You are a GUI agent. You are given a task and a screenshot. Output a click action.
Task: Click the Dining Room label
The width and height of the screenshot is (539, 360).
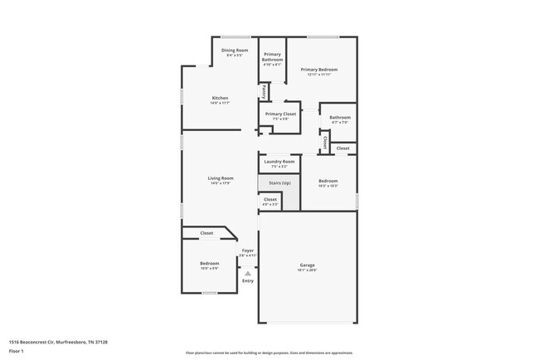pos(235,51)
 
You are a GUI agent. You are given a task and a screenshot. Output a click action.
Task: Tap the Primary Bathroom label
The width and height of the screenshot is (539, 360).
pos(273,57)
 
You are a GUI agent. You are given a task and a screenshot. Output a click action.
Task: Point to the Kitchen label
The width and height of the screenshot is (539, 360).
pos(220,98)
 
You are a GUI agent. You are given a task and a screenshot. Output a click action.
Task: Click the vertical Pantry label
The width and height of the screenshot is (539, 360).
pos(264,90)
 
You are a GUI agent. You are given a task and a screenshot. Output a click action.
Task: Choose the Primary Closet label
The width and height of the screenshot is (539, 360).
pos(280,114)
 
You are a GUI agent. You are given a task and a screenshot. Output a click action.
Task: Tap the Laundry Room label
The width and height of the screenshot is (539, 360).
pos(279,161)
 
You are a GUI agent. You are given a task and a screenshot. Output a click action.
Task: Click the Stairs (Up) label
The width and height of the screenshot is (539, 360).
pos(279,182)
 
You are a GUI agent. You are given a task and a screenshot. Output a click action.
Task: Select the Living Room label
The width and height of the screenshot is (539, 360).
pos(220,178)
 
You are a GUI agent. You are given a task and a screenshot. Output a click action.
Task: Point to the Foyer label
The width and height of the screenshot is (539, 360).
pos(247,250)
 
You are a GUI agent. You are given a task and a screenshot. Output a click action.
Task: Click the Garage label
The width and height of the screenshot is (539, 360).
pos(307,265)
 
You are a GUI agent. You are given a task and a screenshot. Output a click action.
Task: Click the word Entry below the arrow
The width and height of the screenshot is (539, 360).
pos(247,280)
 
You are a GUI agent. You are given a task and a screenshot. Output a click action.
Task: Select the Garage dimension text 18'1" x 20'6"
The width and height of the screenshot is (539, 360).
pos(307,270)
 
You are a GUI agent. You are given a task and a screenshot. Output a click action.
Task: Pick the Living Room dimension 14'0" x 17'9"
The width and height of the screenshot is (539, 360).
pos(220,182)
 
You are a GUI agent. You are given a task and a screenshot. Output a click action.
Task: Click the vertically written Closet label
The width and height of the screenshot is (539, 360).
pos(325,143)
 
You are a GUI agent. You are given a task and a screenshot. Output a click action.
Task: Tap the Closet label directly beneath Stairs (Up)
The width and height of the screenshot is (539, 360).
pos(270,199)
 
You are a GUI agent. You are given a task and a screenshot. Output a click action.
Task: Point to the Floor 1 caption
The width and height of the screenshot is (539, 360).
pos(17,351)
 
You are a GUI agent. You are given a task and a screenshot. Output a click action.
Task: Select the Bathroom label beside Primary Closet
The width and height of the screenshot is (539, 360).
pos(340,118)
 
